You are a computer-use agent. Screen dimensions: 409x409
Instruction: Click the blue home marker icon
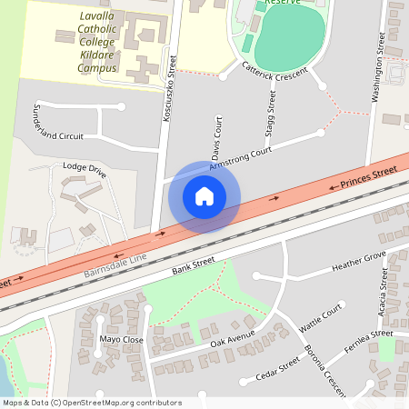204,195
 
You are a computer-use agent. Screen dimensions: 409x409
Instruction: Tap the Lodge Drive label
85,168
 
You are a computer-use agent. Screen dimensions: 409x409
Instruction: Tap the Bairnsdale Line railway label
115,260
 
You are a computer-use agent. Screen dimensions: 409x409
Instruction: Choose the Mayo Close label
122,339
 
